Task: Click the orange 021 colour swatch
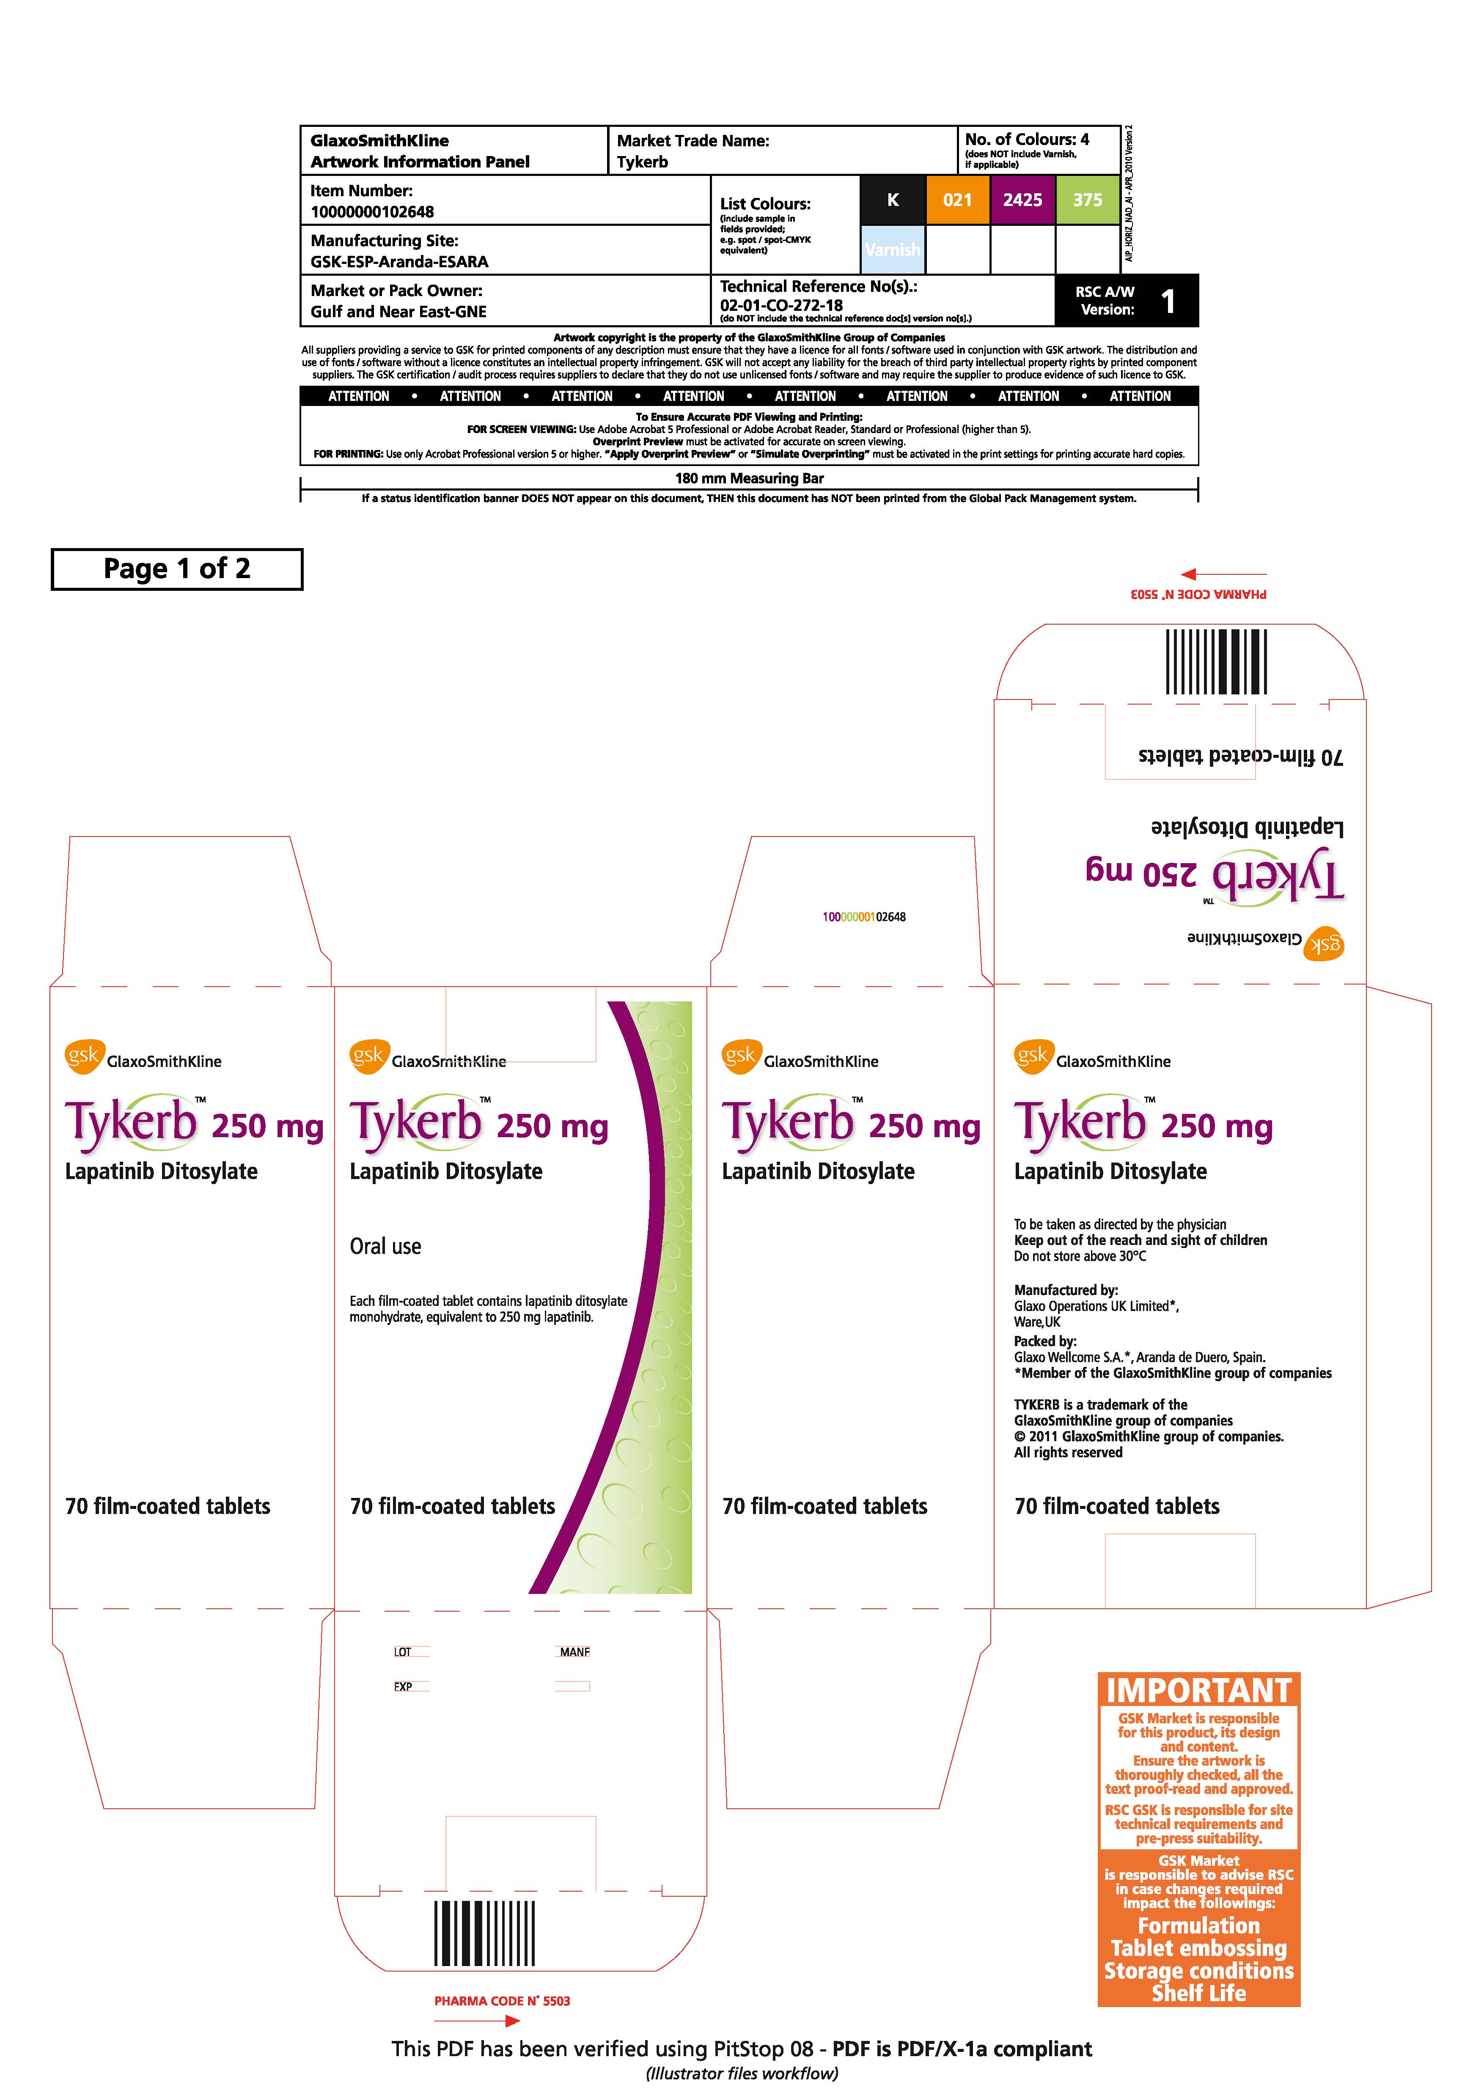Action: point(958,199)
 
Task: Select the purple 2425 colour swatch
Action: point(1022,199)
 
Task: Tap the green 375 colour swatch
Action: point(1088,199)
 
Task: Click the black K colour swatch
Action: point(893,199)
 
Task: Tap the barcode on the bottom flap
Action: point(484,1933)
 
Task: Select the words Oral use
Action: point(386,1246)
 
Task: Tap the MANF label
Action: point(575,1652)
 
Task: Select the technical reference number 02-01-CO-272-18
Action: point(781,305)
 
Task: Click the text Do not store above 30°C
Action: point(1080,1256)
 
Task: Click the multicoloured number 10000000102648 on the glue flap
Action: point(863,916)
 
